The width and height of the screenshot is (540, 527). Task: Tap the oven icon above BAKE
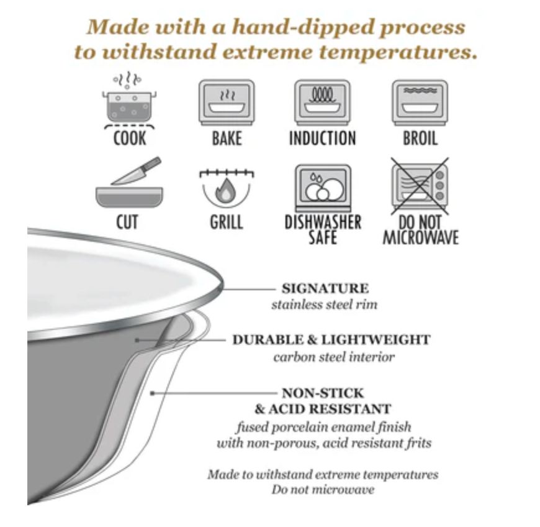coord(227,102)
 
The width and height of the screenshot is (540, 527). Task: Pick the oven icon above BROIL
coord(420,102)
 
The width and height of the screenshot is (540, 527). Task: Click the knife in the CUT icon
coord(137,171)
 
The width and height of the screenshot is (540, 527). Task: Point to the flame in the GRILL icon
coord(225,190)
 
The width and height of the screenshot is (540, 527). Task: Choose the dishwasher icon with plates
coord(323,188)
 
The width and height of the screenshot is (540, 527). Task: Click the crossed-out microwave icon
coord(420,186)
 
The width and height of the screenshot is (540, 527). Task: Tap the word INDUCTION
coord(322,139)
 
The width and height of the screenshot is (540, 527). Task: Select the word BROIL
coord(420,139)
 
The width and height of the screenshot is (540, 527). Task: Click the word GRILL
coord(227,222)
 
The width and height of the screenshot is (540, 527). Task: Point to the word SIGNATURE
coord(325,288)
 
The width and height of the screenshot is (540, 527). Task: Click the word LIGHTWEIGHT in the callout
coord(376,340)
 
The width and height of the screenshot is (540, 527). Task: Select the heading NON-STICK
coord(323,393)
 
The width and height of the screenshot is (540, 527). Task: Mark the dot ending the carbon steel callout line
coord(137,341)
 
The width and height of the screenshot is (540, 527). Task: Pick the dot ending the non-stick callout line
coord(152,393)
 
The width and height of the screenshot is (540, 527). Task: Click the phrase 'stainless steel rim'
coord(325,305)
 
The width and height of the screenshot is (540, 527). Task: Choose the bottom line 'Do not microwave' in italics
coord(323,490)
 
